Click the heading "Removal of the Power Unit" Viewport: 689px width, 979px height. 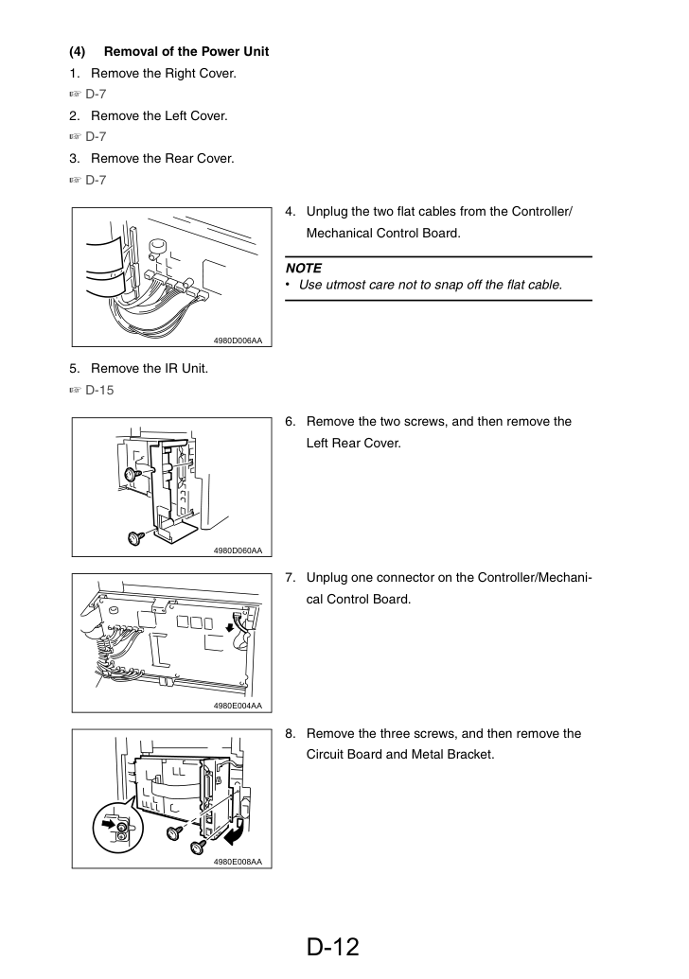tap(186, 51)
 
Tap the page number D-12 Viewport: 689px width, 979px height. tap(333, 947)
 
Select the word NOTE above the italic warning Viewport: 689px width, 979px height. tap(304, 268)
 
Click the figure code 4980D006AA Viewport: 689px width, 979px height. tap(238, 341)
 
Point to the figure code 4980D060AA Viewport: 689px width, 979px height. tap(238, 551)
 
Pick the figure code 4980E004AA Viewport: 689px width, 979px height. tap(238, 706)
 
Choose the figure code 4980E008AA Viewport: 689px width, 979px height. tap(238, 862)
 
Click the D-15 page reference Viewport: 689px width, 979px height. tap(99, 390)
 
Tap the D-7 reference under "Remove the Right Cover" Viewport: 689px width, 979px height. tap(96, 94)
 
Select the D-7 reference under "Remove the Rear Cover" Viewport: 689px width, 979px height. tap(96, 180)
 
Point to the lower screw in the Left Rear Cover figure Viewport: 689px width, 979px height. tap(134, 536)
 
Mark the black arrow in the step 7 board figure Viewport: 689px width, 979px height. tap(230, 625)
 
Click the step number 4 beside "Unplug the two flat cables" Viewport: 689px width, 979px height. tap(290, 212)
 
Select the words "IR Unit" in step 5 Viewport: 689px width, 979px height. tap(185, 368)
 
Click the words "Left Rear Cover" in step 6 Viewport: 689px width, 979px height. tap(353, 443)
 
